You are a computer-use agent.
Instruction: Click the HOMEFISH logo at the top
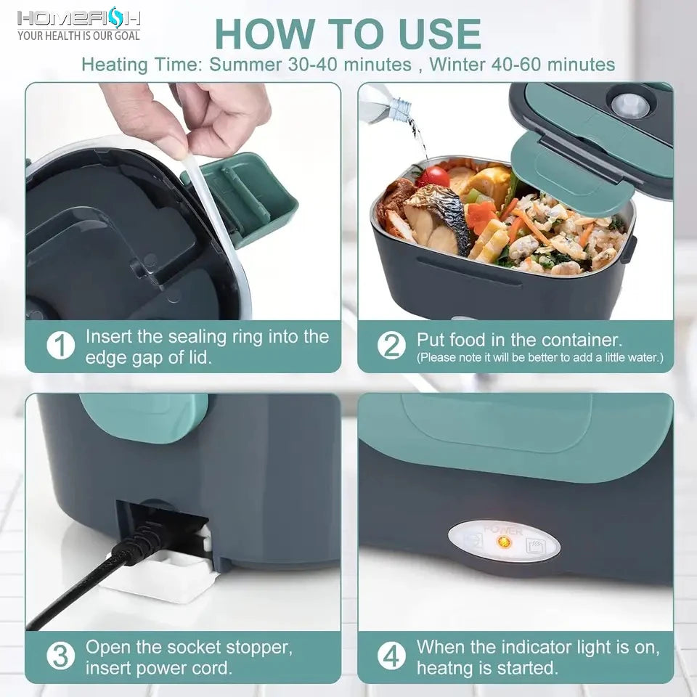[x=78, y=17]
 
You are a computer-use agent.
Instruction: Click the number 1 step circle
[x=61, y=346]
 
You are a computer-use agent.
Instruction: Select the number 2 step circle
[x=392, y=346]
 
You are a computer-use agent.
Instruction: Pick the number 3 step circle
[x=61, y=656]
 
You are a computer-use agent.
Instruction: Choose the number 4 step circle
[x=392, y=656]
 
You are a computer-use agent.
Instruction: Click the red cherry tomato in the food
[x=433, y=176]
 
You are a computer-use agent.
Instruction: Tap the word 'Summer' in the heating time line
[x=246, y=64]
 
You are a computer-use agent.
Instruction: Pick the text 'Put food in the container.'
[x=519, y=340]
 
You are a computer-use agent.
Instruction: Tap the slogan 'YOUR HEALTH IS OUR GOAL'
[x=78, y=35]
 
